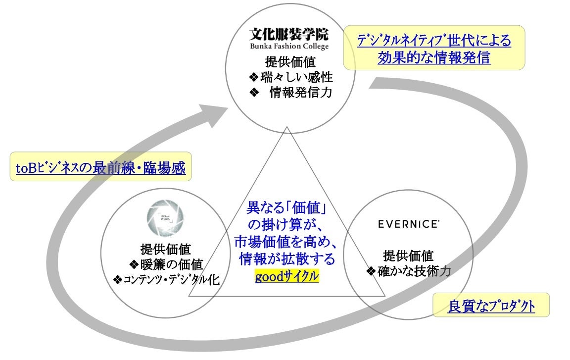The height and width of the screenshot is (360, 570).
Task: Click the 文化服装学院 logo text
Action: point(288,35)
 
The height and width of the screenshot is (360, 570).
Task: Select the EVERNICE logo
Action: point(408,224)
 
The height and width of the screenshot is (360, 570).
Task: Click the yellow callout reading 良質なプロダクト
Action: point(491,306)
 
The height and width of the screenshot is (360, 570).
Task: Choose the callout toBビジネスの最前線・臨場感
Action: point(100,168)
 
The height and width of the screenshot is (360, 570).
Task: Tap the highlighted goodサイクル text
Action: point(286,276)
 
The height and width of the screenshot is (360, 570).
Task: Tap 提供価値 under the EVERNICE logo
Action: point(408,256)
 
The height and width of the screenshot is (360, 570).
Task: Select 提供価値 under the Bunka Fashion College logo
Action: point(290,62)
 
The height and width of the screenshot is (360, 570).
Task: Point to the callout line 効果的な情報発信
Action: point(434,58)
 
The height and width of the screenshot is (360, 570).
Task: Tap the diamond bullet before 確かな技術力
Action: point(372,271)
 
